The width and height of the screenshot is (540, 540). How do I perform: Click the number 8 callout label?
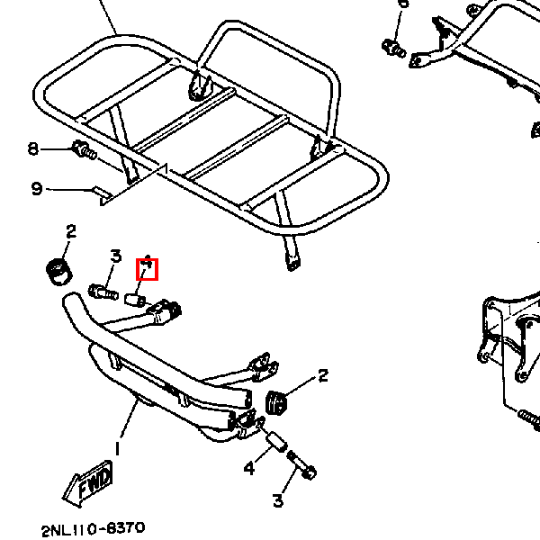pos(33,148)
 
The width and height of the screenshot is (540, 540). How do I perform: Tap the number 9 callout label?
pos(36,188)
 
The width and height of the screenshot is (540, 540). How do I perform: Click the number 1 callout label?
pos(117,448)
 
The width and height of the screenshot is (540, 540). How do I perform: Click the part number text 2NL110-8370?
pos(93,528)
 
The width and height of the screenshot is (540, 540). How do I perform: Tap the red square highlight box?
pos(147,268)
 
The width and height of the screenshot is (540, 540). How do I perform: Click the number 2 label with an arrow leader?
pos(322,376)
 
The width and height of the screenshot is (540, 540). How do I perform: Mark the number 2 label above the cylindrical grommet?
pos(70,231)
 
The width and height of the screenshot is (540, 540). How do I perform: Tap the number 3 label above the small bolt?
pos(115,256)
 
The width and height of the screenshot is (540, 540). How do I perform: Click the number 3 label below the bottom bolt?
pos(278,500)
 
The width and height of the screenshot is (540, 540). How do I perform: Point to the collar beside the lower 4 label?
pos(276,442)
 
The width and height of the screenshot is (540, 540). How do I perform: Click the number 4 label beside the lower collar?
pos(249,467)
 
